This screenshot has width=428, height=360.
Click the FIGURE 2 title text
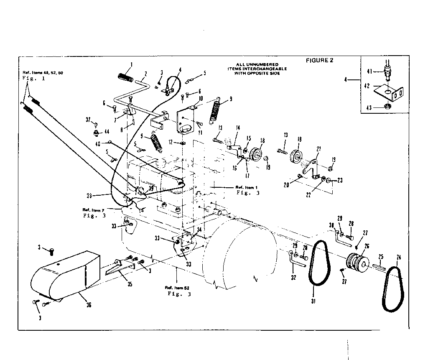[x=320, y=60]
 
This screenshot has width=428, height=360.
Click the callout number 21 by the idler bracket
[x=318, y=148]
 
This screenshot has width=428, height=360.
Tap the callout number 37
[x=88, y=120]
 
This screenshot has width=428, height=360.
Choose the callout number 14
[x=238, y=128]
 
